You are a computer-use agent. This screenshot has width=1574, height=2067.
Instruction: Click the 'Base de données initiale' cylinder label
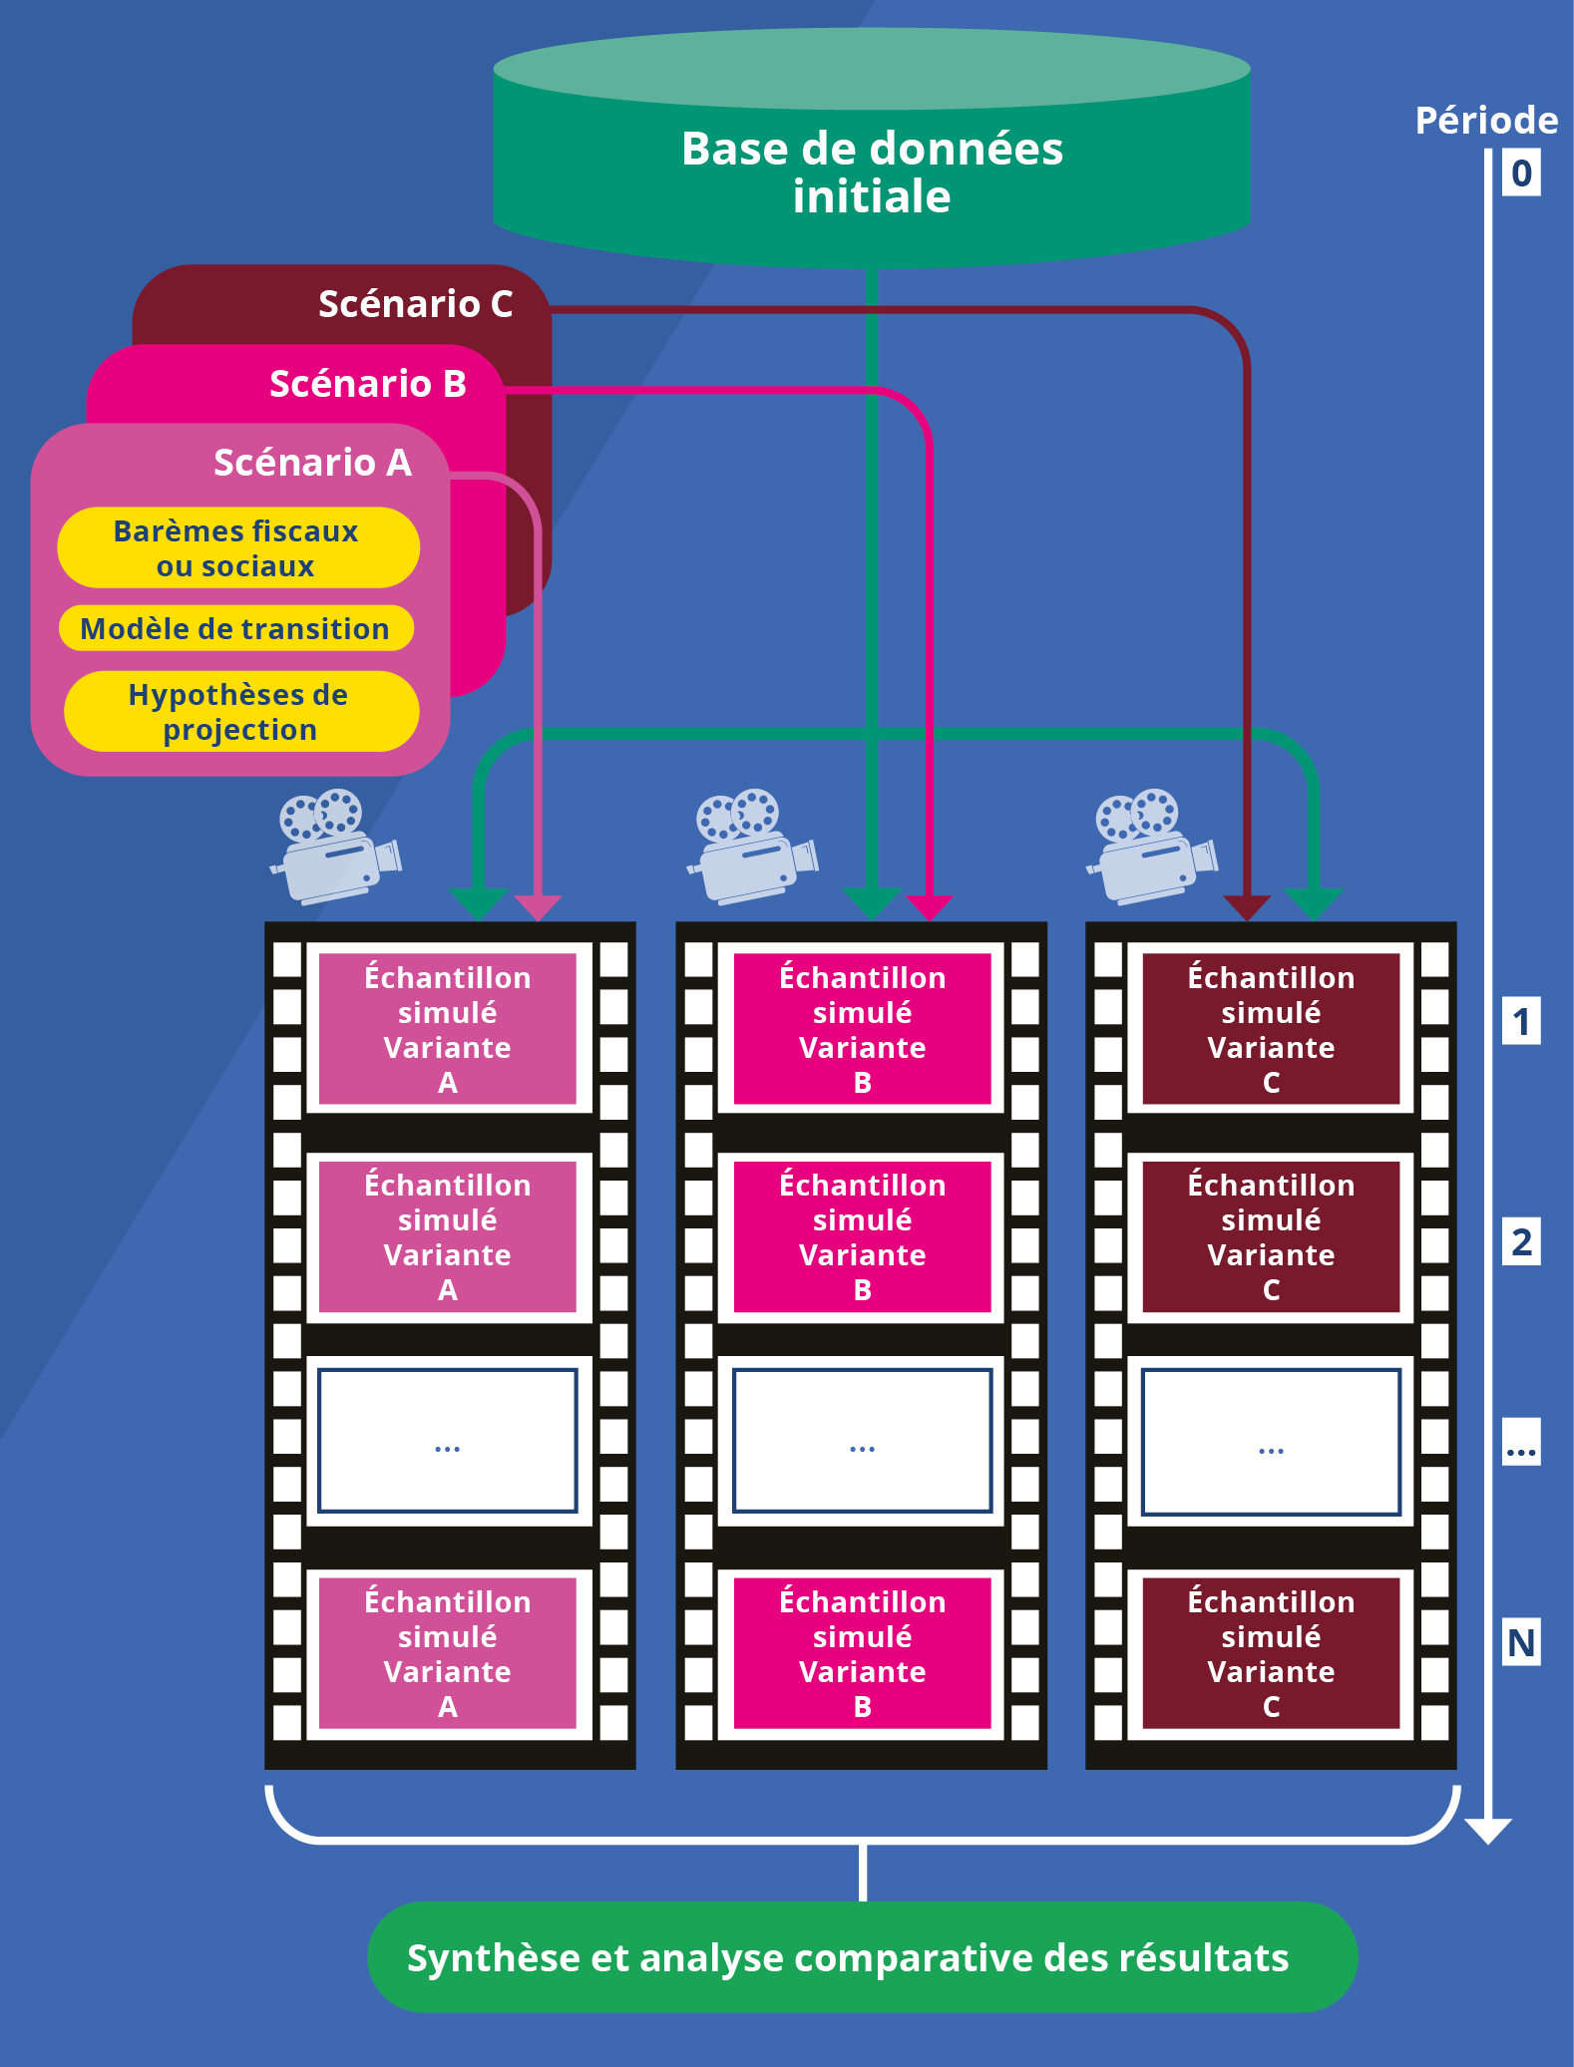872,172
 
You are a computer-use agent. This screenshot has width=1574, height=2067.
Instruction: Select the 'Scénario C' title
415,304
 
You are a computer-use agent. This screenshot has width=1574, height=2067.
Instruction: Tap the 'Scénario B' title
368,384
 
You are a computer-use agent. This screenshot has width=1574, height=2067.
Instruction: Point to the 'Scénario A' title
312,463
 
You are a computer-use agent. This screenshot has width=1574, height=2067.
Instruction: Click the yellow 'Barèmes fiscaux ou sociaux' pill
238,547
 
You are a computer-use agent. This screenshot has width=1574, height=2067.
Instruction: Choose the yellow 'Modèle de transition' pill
236,628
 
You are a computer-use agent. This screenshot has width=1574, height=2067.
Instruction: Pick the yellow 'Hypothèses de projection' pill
241,711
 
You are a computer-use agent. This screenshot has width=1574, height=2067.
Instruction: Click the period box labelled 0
1521,172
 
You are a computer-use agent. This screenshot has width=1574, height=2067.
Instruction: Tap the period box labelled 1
1521,1021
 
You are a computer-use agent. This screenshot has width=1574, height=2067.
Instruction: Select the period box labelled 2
1521,1241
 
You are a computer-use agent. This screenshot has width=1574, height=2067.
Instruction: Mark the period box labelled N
1521,1642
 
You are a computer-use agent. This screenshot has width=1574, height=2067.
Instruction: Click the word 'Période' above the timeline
1486,121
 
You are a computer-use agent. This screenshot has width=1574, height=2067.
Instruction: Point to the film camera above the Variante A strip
336,847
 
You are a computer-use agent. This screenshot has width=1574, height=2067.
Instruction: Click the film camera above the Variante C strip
1152,847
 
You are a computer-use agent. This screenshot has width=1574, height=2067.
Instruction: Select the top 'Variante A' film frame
448,1028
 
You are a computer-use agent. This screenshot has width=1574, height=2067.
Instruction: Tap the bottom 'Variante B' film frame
862,1653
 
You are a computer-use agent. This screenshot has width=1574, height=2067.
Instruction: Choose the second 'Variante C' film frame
1271,1236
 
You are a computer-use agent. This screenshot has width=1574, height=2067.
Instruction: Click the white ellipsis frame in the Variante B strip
862,1441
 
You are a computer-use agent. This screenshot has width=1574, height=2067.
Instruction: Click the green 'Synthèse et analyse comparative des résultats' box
862,1957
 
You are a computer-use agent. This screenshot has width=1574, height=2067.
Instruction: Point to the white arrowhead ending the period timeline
1488,1831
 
